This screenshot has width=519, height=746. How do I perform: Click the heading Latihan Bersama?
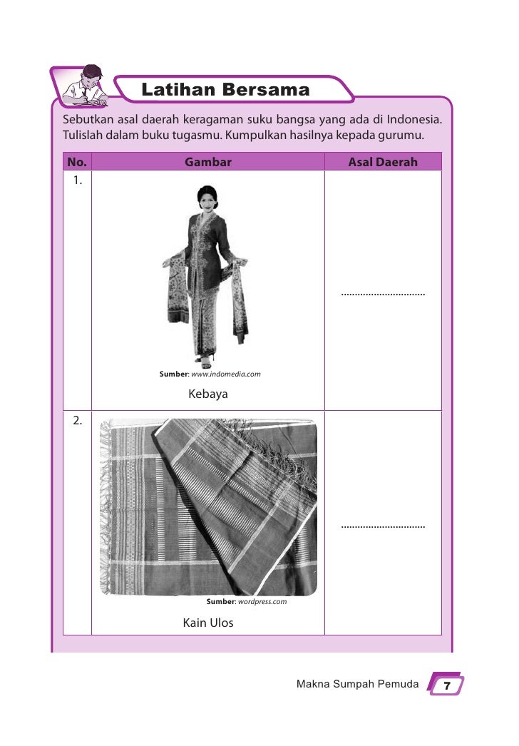225,91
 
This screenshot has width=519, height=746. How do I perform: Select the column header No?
76,162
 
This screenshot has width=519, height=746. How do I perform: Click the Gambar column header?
208,162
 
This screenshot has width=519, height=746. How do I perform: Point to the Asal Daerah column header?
383,162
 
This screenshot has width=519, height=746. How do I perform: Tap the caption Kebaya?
208,394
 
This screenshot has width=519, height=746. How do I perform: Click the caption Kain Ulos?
208,623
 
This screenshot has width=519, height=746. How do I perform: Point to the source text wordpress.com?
262,601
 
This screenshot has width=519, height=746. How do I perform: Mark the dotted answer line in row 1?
383,293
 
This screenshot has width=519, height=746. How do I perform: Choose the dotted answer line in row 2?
383,526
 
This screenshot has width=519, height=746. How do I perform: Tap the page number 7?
447,685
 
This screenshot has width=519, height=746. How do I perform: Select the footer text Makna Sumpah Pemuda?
357,685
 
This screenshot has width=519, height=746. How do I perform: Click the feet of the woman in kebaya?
205,360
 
